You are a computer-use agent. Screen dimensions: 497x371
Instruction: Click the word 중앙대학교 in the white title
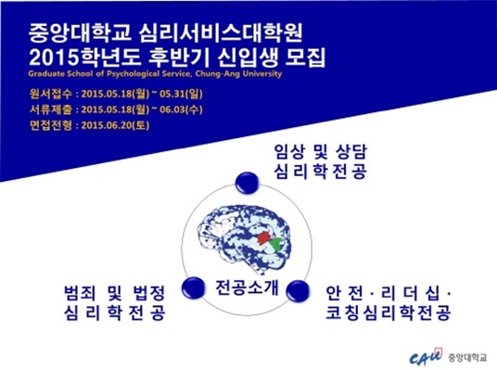click(x=79, y=33)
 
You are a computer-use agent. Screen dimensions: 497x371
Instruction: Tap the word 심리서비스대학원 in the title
click(x=221, y=33)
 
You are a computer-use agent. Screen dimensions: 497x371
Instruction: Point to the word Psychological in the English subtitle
click(x=133, y=74)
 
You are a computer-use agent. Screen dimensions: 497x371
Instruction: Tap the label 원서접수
click(x=50, y=95)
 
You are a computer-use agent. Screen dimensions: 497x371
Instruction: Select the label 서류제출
click(x=50, y=109)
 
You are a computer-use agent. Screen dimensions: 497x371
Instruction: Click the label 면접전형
click(x=50, y=125)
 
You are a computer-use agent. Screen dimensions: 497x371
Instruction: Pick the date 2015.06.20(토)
click(x=115, y=125)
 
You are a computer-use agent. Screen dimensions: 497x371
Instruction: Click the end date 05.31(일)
click(x=181, y=95)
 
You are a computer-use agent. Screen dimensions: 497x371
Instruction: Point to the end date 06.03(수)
click(x=181, y=109)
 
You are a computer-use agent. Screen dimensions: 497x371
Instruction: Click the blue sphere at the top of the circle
click(x=248, y=183)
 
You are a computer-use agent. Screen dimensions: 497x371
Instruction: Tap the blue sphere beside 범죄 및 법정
click(x=194, y=288)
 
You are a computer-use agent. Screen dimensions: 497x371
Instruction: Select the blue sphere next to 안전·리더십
click(x=298, y=291)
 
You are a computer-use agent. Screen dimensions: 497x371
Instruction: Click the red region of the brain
click(x=262, y=237)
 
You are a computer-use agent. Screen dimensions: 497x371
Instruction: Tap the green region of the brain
click(x=277, y=244)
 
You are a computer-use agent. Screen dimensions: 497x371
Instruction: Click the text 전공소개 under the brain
click(x=247, y=288)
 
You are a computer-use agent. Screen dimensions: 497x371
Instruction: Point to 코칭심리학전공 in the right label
click(x=389, y=313)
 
